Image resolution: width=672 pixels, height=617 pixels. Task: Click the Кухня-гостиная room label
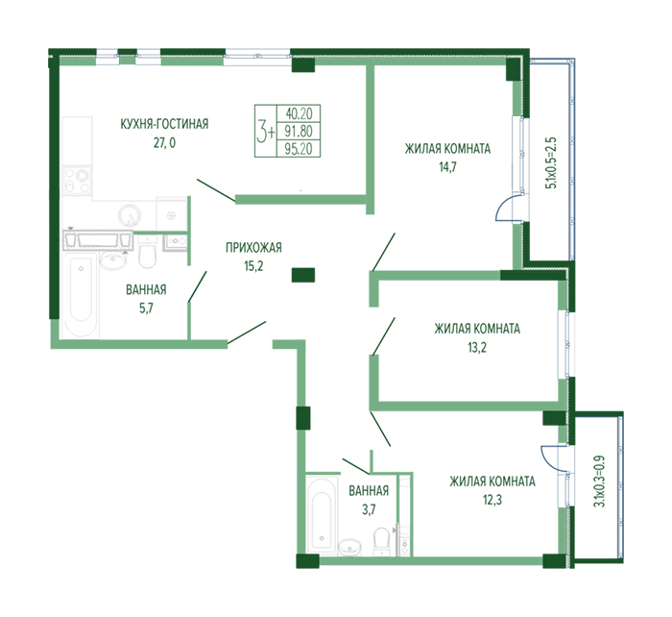(x=164, y=124)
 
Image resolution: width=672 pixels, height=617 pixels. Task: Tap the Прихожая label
(x=253, y=248)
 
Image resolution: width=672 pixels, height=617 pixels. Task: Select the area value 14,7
(x=448, y=167)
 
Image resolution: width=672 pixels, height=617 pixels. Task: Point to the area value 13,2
(x=477, y=347)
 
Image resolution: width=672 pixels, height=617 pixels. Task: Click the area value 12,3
(x=492, y=500)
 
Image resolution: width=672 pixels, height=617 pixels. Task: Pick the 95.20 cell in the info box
(x=299, y=148)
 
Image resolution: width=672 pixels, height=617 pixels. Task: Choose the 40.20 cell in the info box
(x=299, y=113)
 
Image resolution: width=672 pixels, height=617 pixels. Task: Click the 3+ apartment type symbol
(x=266, y=131)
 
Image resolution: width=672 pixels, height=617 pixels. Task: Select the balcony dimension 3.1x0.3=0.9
(x=600, y=481)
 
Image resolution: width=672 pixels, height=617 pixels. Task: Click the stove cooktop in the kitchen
(x=77, y=182)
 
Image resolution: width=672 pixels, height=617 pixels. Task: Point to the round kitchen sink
(x=129, y=215)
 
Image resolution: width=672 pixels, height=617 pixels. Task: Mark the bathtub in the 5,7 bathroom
(x=82, y=295)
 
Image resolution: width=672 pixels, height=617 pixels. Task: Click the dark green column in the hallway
(x=303, y=275)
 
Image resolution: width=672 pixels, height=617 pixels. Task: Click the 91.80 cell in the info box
(x=299, y=131)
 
